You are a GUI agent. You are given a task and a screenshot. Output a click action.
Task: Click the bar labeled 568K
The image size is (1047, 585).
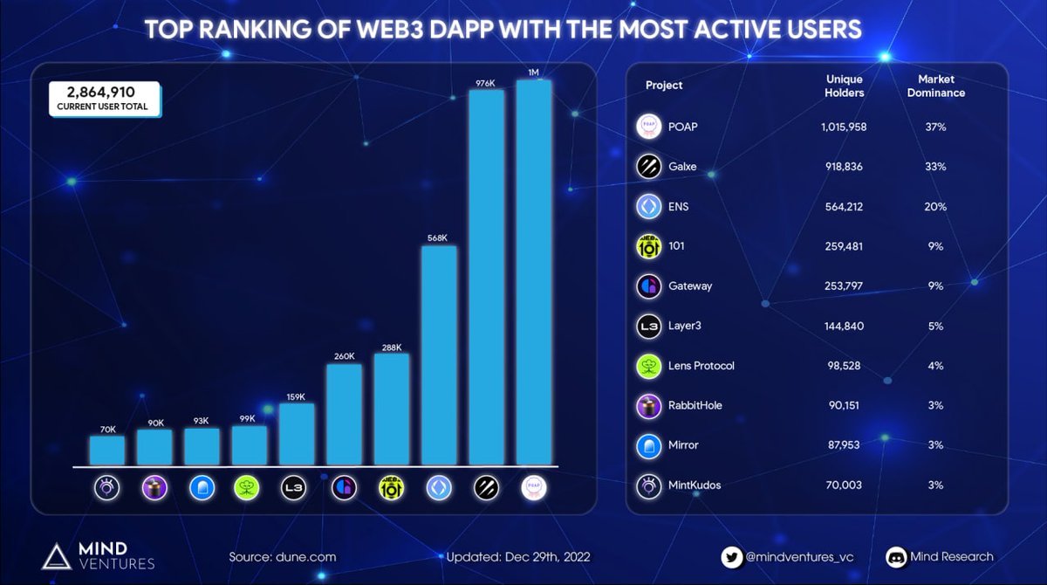pos(439,355)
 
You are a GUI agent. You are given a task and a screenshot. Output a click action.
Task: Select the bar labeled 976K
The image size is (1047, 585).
pos(487,277)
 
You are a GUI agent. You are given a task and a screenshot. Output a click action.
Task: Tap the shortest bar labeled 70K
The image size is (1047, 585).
pos(106,450)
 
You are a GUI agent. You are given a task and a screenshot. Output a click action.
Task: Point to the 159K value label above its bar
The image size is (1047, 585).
pos(296,397)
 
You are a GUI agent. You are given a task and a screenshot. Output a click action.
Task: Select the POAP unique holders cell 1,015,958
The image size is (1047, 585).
pos(843,127)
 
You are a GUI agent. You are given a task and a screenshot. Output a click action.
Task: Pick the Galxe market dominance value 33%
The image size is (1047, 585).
pos(936,167)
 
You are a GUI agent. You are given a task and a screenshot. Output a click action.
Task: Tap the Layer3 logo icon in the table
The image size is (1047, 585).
pos(648,326)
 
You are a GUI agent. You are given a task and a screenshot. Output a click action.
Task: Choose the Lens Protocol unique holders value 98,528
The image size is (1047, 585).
pos(843,366)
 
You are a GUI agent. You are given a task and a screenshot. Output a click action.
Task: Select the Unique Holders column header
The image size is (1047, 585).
pos(844,86)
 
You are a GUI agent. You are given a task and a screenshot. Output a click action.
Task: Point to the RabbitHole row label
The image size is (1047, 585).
pos(695,405)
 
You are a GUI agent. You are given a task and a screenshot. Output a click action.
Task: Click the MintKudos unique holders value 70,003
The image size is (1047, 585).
pos(843,485)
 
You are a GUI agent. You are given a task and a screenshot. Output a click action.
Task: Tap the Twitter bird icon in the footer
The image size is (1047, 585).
pos(732,556)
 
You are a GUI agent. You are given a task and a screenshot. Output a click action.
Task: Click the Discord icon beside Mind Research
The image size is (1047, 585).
pos(897,556)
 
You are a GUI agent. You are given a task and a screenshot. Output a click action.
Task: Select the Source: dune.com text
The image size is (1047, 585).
pos(282,556)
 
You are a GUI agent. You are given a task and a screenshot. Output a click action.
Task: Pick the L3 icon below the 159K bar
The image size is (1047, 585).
pos(296,487)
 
